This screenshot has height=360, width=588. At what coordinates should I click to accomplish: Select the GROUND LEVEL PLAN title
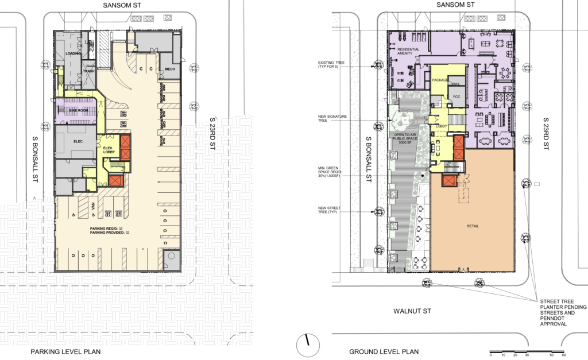point(384,351)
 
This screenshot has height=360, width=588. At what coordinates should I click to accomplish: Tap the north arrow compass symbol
point(307,346)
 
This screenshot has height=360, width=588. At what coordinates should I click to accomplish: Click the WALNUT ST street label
point(412,311)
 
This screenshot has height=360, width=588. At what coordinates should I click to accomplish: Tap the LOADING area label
point(73,53)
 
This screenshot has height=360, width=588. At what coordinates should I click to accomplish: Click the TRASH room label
point(89,71)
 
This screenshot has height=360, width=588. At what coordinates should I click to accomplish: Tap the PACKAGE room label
point(440,80)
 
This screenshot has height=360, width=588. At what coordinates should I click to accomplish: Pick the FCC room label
point(457,96)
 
